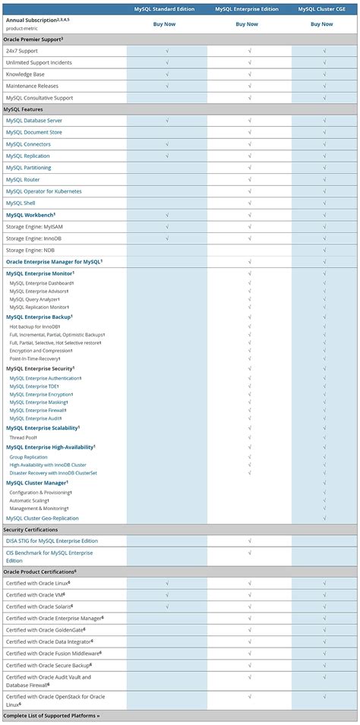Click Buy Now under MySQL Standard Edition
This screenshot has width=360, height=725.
[166, 24]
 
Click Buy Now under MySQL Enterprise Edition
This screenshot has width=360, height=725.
[247, 24]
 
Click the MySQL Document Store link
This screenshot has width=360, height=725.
[34, 132]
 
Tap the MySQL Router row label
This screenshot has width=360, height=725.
[23, 179]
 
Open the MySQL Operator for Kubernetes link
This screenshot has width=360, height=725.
[43, 191]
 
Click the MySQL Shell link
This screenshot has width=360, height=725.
[21, 203]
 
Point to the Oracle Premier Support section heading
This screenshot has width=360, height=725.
[33, 38]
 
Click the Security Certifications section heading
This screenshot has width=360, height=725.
[30, 529]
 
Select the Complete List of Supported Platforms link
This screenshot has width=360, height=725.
[51, 715]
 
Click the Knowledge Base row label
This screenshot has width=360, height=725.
[25, 74]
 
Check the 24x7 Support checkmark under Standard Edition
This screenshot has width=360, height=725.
[166, 50]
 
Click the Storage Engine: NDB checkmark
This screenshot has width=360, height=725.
[324, 250]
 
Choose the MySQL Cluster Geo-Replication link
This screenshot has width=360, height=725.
[43, 518]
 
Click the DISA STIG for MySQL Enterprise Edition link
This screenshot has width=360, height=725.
[52, 541]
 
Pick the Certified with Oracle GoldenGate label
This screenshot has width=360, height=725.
[45, 629]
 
